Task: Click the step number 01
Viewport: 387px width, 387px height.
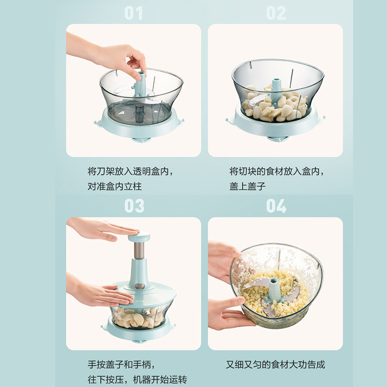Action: tap(134, 13)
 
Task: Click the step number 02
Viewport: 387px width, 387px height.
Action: tap(276, 13)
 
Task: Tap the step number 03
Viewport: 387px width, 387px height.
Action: tap(134, 206)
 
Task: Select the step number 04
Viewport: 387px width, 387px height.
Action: tap(276, 206)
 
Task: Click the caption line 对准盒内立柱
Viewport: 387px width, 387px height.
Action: tap(115, 186)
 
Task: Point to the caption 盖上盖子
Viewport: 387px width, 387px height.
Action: tap(247, 186)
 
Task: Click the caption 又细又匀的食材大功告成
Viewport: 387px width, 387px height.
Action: tap(275, 365)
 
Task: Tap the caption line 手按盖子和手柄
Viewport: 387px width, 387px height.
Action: tap(121, 365)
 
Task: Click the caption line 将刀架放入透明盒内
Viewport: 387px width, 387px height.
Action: tap(130, 171)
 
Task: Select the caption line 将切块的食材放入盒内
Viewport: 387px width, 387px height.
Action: tap(277, 171)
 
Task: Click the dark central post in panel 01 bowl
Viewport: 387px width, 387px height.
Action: tap(139, 114)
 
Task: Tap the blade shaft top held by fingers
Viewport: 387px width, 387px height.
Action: tap(141, 77)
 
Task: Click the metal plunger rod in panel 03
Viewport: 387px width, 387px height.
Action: tap(139, 250)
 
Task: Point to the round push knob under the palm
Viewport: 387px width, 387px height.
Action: tap(139, 237)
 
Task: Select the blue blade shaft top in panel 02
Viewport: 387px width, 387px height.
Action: tap(276, 83)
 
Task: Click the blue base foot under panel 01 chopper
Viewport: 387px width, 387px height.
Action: tap(141, 140)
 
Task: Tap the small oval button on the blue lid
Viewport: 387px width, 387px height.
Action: tap(140, 286)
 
